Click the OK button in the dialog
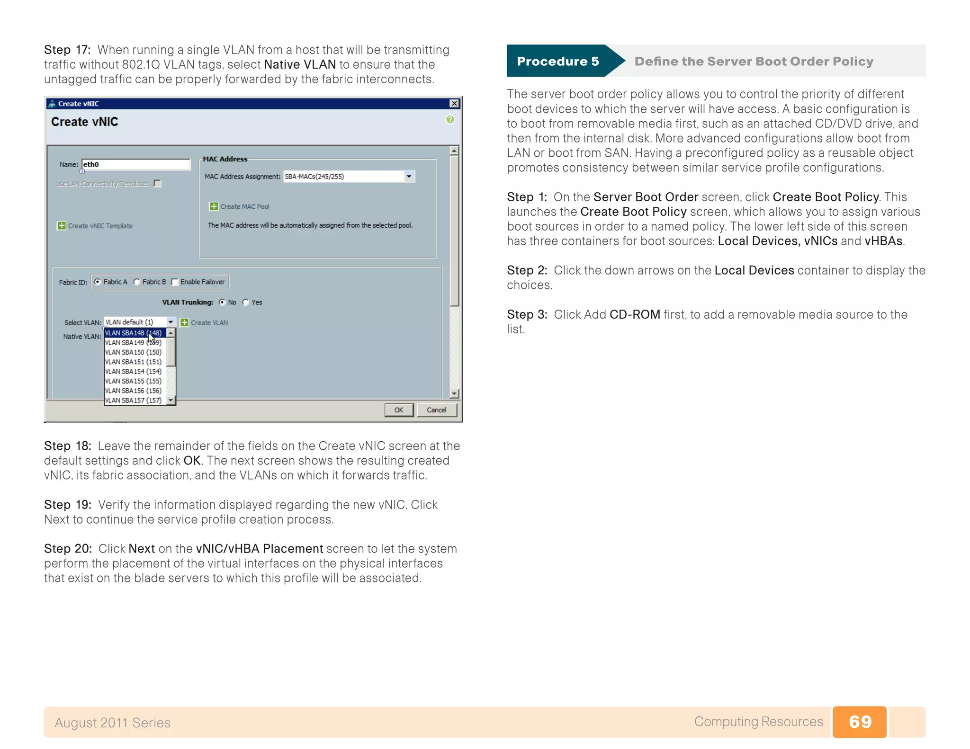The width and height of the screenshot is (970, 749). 398,410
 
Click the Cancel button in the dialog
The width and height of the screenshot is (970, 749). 436,410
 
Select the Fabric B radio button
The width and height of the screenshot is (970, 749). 137,282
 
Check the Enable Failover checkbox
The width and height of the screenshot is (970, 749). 175,282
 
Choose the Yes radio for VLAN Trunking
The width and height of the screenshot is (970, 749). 246,303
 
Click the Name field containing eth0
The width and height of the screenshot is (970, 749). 135,164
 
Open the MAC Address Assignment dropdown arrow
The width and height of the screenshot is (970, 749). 409,177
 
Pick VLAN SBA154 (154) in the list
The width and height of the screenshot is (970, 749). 134,372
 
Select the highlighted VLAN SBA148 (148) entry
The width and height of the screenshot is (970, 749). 134,333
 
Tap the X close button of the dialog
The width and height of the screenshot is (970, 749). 454,104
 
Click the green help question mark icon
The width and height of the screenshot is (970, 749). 450,119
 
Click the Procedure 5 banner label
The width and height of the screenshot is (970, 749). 557,62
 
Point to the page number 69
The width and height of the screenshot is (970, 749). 860,722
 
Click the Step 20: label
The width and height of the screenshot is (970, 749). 68,549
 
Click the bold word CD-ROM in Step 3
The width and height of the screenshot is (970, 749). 635,315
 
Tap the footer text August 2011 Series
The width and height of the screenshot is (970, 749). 112,722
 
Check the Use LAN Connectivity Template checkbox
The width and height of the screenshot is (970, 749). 158,184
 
